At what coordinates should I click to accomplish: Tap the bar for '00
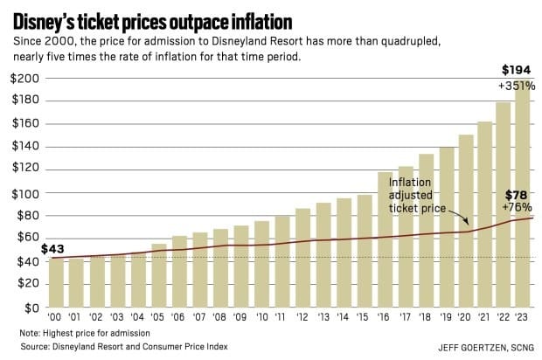coord(55,283)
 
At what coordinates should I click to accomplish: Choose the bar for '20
coord(466,222)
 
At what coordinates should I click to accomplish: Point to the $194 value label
coord(516,69)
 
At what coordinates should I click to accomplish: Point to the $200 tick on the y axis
coord(24,79)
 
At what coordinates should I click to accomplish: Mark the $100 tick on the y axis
coord(24,192)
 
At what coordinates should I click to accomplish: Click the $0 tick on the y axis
coord(30,308)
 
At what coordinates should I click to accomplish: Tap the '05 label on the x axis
coord(158,320)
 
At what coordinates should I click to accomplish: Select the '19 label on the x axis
coord(446,320)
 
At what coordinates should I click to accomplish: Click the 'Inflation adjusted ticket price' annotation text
coord(417,197)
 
